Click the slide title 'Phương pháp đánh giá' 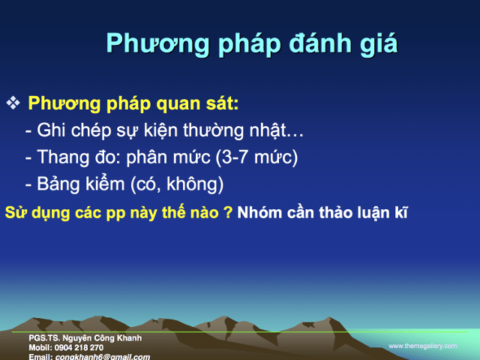coord(251,43)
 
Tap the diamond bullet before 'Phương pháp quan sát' coord(13,103)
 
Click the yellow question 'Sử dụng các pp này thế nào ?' coord(118,212)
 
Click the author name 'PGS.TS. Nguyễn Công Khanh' coord(85,339)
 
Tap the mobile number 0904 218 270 coord(80,348)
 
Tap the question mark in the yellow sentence coord(227,212)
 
